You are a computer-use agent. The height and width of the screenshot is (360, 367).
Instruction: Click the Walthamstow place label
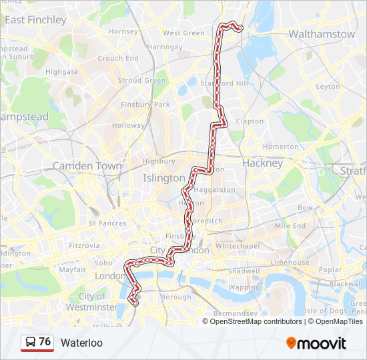(322, 33)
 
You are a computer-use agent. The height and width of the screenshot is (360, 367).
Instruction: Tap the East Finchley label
(35, 20)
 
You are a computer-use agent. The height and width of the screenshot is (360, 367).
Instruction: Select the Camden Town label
(87, 165)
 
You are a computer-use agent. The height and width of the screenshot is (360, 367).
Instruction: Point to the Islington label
(163, 178)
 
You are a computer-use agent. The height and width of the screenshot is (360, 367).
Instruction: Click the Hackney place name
(262, 163)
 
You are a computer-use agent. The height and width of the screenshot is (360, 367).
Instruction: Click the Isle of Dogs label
(325, 311)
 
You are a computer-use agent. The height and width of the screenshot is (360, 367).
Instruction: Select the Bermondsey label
(234, 313)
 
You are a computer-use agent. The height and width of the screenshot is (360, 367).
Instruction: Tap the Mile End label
(290, 226)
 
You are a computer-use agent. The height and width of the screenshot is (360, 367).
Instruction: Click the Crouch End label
(118, 58)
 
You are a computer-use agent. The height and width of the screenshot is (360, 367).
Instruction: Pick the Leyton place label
(328, 87)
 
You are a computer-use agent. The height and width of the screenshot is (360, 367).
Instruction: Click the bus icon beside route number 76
(30, 343)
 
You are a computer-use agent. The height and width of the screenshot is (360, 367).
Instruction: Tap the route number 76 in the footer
(45, 342)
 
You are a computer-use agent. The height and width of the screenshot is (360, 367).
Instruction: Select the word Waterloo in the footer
(81, 343)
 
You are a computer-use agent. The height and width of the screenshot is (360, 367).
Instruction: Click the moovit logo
(316, 343)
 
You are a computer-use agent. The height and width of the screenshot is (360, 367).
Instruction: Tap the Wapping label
(244, 287)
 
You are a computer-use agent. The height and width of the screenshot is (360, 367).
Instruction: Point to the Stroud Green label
(141, 81)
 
